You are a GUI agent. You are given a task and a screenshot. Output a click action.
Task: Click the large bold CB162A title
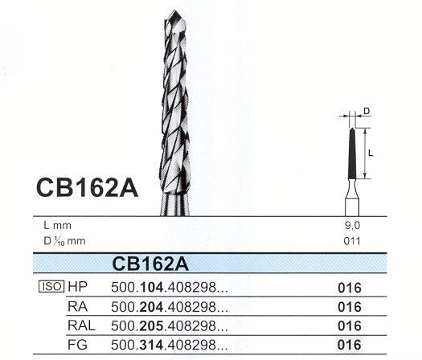coord(88,188)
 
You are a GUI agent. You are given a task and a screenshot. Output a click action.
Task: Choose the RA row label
coord(77,306)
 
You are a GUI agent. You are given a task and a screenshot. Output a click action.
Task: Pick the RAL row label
coord(80,325)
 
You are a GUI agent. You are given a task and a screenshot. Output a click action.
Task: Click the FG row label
coord(77,345)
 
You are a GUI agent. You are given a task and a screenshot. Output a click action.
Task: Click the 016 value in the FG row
coord(350,345)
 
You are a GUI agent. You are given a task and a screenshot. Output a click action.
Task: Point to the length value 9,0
coord(352,226)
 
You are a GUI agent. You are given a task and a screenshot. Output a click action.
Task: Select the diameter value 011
coord(352,239)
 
